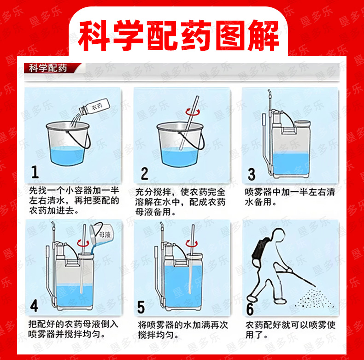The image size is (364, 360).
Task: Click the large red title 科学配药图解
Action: click(x=178, y=35)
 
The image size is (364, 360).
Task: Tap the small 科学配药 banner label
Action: click(x=48, y=68)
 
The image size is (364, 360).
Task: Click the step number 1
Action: click(x=35, y=172)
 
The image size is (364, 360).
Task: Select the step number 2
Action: click(x=144, y=173)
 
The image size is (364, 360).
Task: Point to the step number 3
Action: click(x=252, y=174)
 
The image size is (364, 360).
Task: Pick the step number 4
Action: click(x=34, y=306)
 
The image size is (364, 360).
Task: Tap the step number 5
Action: click(x=141, y=307)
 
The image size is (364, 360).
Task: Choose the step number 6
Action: click(x=250, y=309)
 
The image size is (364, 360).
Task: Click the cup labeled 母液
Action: click(x=101, y=233)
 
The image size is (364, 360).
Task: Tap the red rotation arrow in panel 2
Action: click(x=192, y=112)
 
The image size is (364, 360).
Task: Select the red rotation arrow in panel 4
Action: click(x=83, y=243)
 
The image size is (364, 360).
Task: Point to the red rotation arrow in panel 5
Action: click(x=192, y=243)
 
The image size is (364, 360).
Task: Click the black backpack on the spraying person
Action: click(x=258, y=250)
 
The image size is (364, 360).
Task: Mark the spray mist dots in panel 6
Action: click(x=315, y=298)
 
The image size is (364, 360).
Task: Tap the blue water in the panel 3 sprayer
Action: click(x=291, y=163)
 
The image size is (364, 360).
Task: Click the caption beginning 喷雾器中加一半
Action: click(x=290, y=197)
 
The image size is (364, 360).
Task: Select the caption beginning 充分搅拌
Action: click(x=180, y=202)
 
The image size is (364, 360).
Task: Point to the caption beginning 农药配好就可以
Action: click(x=290, y=330)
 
